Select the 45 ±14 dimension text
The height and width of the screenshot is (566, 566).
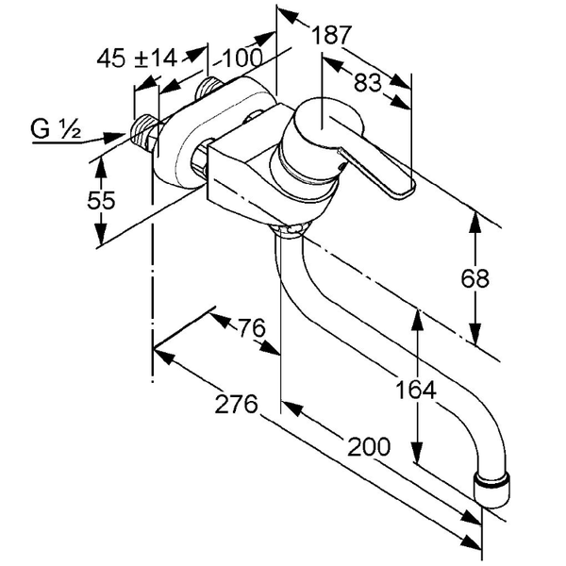[137, 58]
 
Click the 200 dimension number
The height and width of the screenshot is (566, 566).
[367, 447]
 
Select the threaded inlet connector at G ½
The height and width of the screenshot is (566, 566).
[143, 134]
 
